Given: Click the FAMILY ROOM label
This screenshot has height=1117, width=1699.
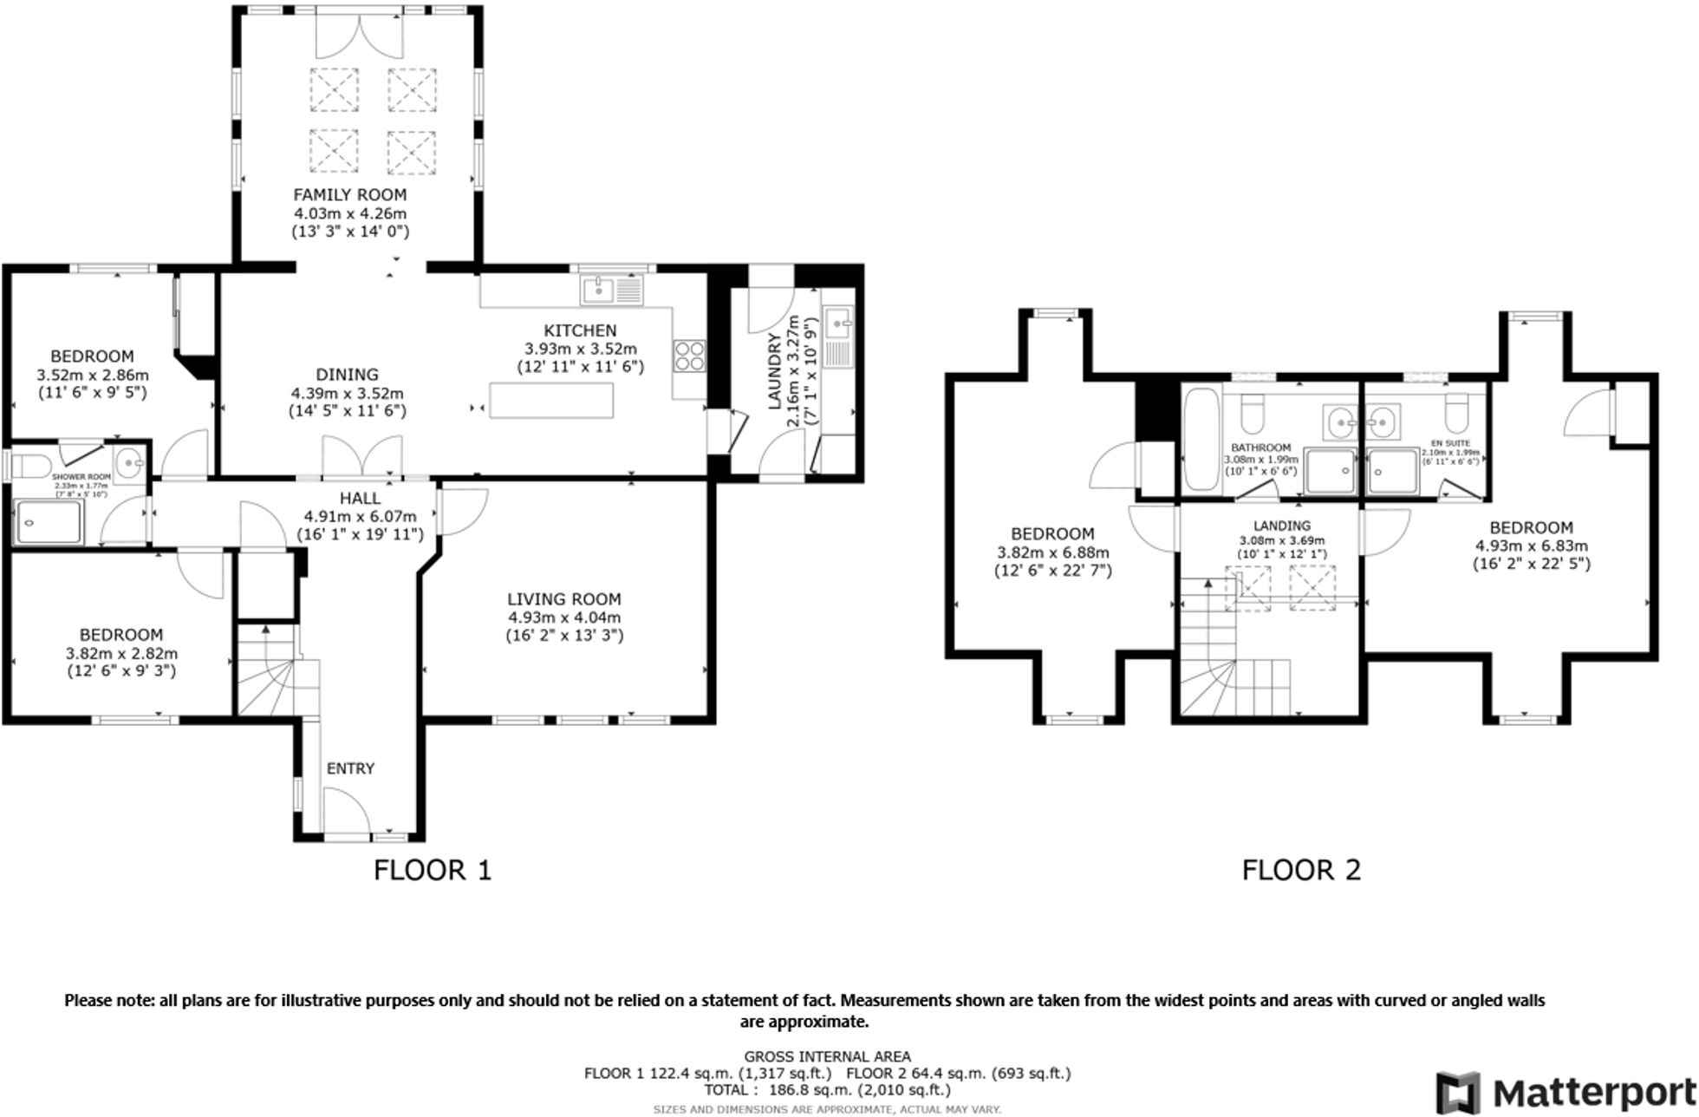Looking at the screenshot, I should pyautogui.click(x=349, y=195).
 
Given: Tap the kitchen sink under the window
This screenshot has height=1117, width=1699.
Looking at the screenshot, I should pyautogui.click(x=612, y=291).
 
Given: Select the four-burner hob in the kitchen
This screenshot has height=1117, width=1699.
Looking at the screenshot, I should pyautogui.click(x=689, y=356).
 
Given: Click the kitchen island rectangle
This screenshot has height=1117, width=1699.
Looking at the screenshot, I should pyautogui.click(x=551, y=401).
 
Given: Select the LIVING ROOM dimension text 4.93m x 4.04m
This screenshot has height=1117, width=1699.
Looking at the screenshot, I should pyautogui.click(x=564, y=617).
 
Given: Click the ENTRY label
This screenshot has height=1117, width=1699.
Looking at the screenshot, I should pyautogui.click(x=350, y=768).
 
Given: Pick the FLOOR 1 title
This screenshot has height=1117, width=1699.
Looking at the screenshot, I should pyautogui.click(x=433, y=870).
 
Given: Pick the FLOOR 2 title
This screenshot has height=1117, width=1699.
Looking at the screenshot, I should pyautogui.click(x=1301, y=870).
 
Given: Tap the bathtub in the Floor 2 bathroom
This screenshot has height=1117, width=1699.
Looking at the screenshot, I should pyautogui.click(x=1201, y=441).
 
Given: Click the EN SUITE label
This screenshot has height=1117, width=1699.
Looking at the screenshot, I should pyautogui.click(x=1452, y=443).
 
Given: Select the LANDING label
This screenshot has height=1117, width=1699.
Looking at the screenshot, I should pyautogui.click(x=1281, y=526).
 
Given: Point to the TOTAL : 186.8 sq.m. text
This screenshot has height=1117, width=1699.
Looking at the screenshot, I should pyautogui.click(x=827, y=1090).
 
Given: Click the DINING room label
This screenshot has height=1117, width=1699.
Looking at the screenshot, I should pyautogui.click(x=347, y=375).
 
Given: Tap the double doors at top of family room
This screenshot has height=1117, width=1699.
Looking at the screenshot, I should pyautogui.click(x=359, y=35).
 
